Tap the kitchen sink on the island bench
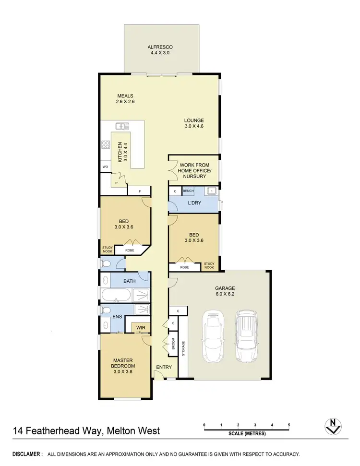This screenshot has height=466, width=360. click(122, 126)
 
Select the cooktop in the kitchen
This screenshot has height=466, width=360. click(105, 145)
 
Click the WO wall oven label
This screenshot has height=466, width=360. click(105, 167)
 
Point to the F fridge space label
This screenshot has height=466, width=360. click(140, 191)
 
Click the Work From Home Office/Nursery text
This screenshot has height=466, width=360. click(194, 170)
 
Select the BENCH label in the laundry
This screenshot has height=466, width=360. click(188, 191)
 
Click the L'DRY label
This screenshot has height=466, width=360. click(194, 203)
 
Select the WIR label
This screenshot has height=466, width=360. click(141, 328)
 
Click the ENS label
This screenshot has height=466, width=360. click(117, 317)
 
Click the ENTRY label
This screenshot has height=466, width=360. click(163, 367)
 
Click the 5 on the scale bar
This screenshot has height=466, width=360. click(289, 425)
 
